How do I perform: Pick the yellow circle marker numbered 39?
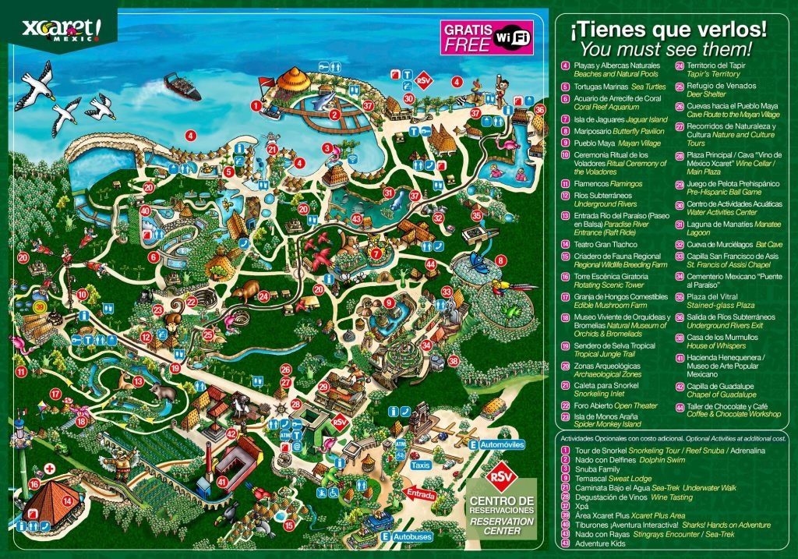coord(41,309)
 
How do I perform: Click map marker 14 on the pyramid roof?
coord(67,501)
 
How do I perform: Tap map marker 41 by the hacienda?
coord(222,482)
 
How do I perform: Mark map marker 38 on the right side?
coord(454,360)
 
